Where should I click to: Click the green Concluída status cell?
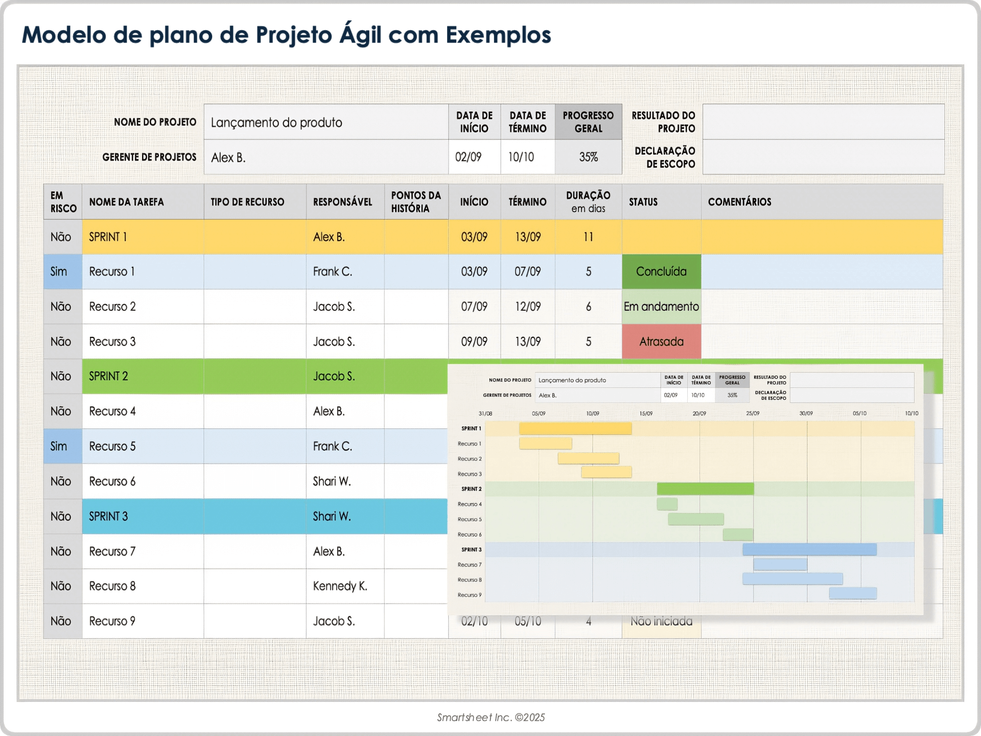point(661,271)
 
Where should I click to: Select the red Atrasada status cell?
point(661,341)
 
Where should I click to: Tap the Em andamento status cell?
point(661,307)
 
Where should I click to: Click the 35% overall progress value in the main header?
point(588,157)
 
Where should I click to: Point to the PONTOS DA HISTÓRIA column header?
point(415,202)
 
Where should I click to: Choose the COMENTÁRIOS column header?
point(739,202)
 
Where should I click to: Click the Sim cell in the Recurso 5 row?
point(59,446)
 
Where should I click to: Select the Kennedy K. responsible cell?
point(340,586)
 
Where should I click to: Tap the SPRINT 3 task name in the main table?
point(108,516)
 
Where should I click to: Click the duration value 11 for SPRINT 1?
point(588,237)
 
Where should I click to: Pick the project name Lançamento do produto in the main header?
point(276,123)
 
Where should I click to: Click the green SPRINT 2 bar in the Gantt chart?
point(705,489)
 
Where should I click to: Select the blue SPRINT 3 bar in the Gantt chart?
point(809,549)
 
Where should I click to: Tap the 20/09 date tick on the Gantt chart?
point(699,413)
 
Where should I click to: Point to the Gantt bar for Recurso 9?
point(853,593)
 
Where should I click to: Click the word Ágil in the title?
point(360,35)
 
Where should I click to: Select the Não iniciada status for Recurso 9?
point(661,622)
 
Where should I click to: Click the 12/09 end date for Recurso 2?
point(527,307)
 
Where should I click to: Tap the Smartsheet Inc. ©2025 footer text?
point(491,717)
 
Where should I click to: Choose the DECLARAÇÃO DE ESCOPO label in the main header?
point(664,157)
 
